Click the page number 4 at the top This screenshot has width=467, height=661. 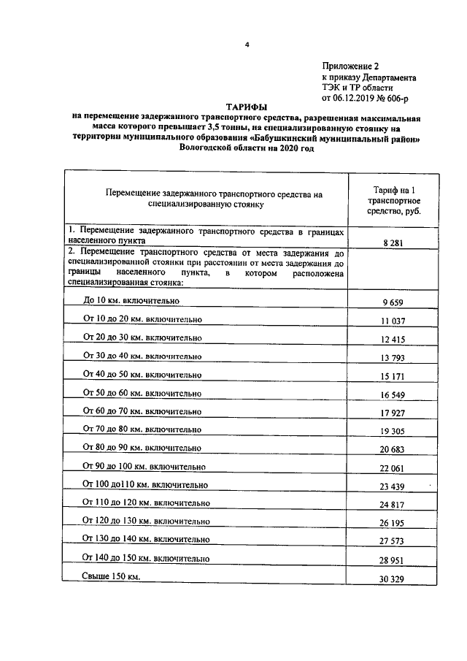[x=247, y=45]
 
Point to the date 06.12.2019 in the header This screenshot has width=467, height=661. [x=359, y=96]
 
